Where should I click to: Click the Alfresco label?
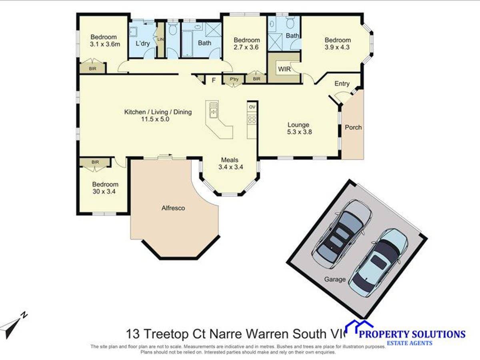[173, 208]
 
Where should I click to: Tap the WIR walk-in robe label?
[284, 69]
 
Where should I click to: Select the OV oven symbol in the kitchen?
[252, 107]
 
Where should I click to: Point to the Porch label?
[353, 127]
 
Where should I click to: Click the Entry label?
[342, 84]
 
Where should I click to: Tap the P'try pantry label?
[234, 79]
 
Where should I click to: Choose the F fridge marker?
[214, 80]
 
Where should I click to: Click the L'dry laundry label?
[143, 43]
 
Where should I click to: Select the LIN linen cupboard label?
[161, 39]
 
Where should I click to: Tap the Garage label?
[335, 279]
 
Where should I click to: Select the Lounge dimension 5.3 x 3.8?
[299, 132]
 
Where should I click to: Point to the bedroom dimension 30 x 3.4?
[105, 192]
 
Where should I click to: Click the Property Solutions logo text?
[412, 334]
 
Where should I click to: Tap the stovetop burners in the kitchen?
[252, 119]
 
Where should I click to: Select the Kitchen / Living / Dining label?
[158, 112]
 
